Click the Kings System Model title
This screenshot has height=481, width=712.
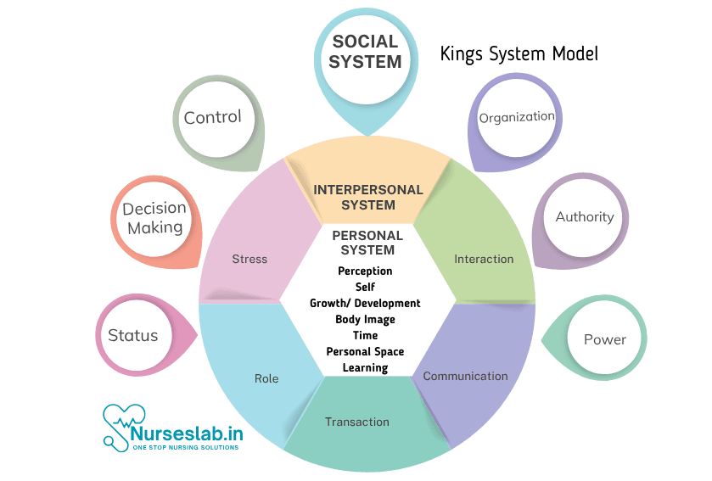click(x=519, y=53)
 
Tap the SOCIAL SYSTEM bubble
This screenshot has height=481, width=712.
click(x=365, y=53)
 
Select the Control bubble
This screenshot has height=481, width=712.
click(x=213, y=117)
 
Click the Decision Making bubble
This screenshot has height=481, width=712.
click(x=154, y=218)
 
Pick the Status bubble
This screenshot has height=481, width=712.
click(x=133, y=335)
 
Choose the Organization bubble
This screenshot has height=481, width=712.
click(x=517, y=117)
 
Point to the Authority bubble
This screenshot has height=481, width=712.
click(x=584, y=217)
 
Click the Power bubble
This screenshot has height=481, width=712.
click(x=604, y=339)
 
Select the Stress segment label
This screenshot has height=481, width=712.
click(x=249, y=259)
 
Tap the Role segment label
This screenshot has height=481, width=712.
click(x=266, y=378)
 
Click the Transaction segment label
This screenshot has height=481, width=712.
click(x=357, y=422)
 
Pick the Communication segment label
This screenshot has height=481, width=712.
click(x=465, y=376)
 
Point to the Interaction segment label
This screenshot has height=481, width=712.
click(x=484, y=259)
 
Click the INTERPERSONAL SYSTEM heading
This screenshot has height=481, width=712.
click(x=367, y=197)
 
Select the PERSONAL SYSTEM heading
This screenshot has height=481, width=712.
click(x=367, y=243)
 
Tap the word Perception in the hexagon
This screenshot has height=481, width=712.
click(x=365, y=271)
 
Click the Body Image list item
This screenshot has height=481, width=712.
click(x=365, y=319)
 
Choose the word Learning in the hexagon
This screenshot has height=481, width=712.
click(x=365, y=367)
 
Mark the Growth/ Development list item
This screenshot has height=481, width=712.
click(x=365, y=303)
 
